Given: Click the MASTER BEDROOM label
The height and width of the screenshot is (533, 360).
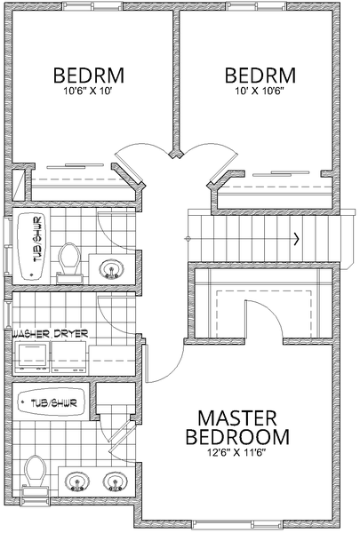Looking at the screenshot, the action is [237, 427].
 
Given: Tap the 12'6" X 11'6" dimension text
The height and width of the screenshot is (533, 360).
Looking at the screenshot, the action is [236, 452].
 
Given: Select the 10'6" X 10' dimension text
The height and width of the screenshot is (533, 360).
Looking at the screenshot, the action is [88, 91].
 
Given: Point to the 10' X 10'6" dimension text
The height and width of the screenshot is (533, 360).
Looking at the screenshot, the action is [260, 91].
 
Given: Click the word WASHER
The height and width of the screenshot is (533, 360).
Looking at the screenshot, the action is [31, 334].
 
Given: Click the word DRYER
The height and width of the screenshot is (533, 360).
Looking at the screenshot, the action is [71, 334].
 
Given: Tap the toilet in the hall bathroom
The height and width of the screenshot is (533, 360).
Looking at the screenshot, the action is [69, 262].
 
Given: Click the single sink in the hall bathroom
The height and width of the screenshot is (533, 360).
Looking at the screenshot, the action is [111, 269].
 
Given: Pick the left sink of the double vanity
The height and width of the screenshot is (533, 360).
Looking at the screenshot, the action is [77, 481].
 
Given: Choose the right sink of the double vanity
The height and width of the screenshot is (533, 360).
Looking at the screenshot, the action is [116, 481].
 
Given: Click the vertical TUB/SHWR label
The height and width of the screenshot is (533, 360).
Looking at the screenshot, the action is [38, 239].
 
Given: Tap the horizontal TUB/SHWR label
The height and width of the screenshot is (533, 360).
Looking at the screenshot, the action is [53, 403].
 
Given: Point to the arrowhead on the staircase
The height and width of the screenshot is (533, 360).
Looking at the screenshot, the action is [297, 239].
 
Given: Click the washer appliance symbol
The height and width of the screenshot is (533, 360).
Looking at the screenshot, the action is [32, 357].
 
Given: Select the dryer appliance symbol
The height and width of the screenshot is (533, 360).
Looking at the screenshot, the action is [69, 357].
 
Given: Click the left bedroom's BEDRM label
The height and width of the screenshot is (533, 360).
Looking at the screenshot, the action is [89, 76].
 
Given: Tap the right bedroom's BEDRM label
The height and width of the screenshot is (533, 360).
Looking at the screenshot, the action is [260, 76].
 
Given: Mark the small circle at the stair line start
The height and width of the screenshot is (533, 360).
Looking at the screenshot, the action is [187, 239].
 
